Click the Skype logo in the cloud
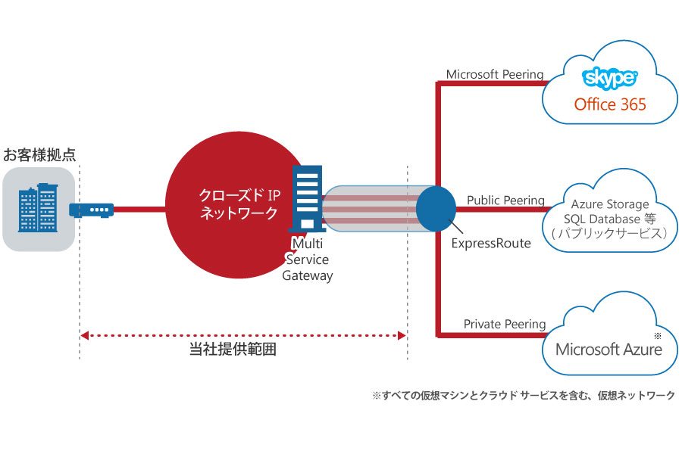(610, 78)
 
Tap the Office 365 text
(610, 104)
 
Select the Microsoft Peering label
(494, 74)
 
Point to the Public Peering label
(505, 201)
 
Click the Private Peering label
(504, 324)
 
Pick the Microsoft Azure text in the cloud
(608, 349)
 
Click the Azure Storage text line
(610, 204)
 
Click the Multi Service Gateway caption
(308, 259)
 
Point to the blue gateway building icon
(305, 198)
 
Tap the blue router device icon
(91, 208)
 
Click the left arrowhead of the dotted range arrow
(84, 334)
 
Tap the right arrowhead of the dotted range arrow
(402, 334)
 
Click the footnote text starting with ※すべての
(522, 396)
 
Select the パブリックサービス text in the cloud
(610, 234)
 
